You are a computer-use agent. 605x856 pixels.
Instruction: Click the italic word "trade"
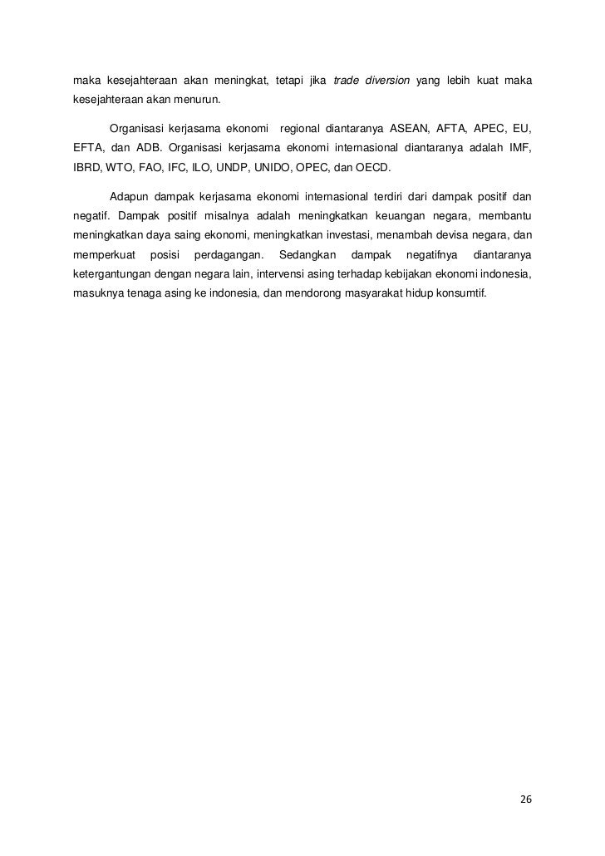(x=345, y=81)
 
